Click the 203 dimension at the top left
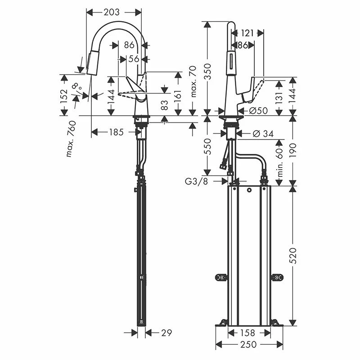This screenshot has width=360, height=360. [112, 13]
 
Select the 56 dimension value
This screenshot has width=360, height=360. [133, 58]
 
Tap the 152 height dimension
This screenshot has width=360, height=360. [64, 95]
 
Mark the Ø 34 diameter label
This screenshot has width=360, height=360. [264, 133]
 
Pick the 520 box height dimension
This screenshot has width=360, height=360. [292, 255]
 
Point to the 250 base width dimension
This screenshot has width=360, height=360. [248, 345]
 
